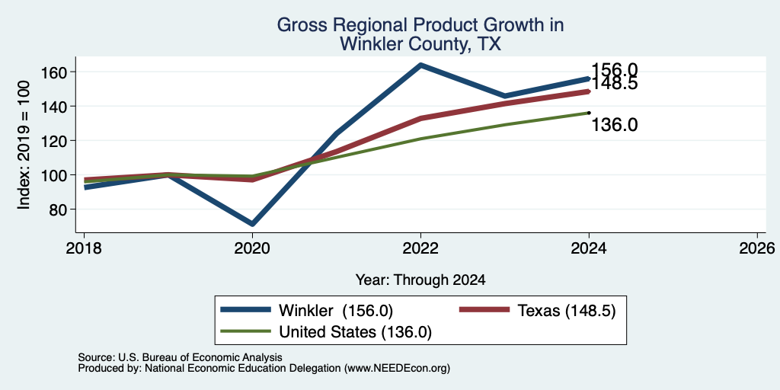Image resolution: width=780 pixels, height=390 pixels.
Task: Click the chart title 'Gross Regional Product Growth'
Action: click(420, 25)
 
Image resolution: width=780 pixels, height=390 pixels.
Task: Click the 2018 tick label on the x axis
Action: click(84, 248)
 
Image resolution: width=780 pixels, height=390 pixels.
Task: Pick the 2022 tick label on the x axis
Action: click(420, 248)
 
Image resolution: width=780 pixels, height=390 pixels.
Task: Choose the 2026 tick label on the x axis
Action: click(757, 248)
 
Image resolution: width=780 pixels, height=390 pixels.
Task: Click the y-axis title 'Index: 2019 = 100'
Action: click(24, 145)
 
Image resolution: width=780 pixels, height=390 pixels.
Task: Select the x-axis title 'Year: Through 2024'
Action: click(420, 280)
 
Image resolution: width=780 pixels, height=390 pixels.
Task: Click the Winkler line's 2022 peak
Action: click(420, 65)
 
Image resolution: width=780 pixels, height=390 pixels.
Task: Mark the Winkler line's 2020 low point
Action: click(252, 225)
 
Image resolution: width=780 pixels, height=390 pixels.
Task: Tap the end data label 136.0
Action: click(615, 125)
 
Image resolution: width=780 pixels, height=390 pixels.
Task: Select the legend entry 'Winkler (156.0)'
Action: click(336, 311)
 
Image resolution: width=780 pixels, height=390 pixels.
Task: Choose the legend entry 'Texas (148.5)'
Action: click(567, 311)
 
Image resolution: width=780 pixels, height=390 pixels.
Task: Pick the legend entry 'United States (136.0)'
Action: click(355, 332)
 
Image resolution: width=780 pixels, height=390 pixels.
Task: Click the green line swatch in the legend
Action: click(246, 331)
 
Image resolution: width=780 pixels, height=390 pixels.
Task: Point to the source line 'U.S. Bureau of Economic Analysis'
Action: click(200, 357)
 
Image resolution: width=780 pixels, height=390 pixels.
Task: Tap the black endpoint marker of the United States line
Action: click(589, 113)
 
